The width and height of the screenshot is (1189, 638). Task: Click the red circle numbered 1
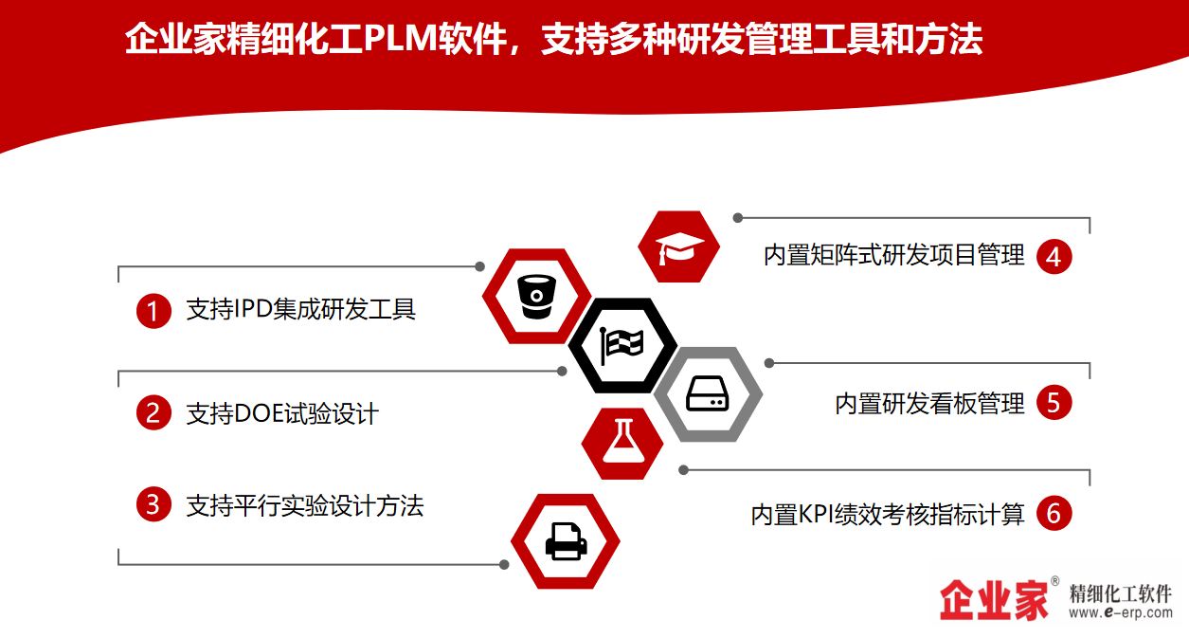coord(153,311)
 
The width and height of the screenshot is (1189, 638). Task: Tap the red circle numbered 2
coord(153,412)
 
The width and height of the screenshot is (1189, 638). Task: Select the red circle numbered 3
coord(153,504)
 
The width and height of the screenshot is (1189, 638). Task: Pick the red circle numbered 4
coord(1054,257)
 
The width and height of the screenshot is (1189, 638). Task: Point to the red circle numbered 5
coord(1054,403)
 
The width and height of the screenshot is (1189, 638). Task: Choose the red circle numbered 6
coord(1054,513)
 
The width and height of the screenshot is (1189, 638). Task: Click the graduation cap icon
coord(679,248)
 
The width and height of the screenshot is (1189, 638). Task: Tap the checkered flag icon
coord(622,345)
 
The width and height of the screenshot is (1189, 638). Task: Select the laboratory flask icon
coord(623,442)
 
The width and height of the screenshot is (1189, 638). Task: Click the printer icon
coord(567,541)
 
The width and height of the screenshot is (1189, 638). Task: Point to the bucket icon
coord(536,297)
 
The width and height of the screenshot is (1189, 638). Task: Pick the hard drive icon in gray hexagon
coord(708,393)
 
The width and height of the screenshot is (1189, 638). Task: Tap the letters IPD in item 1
coord(253,309)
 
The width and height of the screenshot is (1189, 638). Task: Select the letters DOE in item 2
coord(257,413)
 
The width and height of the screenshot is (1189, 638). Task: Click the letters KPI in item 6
coord(816,514)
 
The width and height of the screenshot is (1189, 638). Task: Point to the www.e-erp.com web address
coord(1121,612)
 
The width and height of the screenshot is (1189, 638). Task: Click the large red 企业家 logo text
coord(994,600)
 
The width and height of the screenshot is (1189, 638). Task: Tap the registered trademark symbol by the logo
coord(1054,580)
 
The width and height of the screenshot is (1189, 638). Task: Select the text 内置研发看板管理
coord(929,404)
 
